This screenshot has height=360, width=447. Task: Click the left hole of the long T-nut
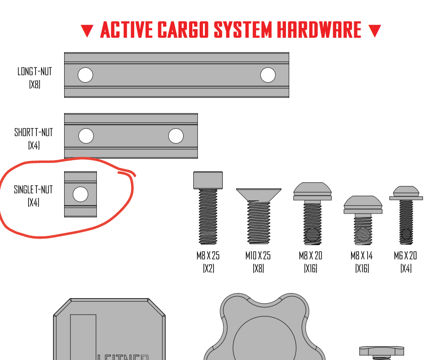(x=85, y=75)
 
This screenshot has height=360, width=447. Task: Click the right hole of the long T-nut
(x=268, y=75)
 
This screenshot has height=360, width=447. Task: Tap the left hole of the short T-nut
(x=86, y=136)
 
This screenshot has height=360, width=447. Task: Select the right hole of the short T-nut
(x=176, y=136)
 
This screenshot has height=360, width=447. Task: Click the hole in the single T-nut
(x=80, y=194)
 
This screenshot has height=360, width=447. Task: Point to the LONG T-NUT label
(x=35, y=72)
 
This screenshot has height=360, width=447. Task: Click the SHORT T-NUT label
(x=34, y=132)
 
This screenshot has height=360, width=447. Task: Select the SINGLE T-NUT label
(x=33, y=190)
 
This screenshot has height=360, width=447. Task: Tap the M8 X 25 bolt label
(x=208, y=256)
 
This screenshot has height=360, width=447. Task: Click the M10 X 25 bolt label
(x=258, y=256)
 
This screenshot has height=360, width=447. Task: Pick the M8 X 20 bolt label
(x=310, y=256)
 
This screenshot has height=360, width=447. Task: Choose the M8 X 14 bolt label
(x=362, y=256)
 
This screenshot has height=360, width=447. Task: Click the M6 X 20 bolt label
(x=405, y=256)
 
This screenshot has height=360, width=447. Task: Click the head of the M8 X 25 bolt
(x=208, y=180)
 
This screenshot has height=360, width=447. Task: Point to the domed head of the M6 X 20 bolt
(x=406, y=191)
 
